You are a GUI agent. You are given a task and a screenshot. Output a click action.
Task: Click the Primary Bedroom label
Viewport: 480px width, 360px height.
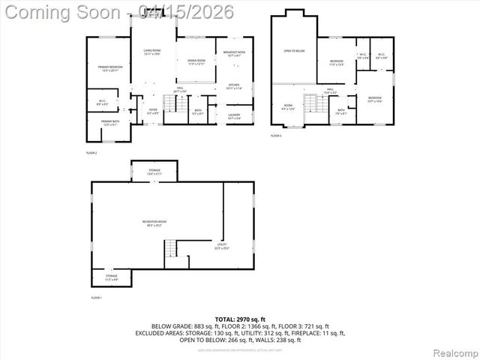click(x=110, y=68)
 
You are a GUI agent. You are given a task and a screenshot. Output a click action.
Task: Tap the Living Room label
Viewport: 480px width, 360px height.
click(x=153, y=52)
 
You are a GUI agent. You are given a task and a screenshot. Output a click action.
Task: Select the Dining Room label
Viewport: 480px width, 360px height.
click(x=196, y=61)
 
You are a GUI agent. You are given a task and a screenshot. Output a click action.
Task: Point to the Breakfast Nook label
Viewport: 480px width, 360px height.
click(x=233, y=52)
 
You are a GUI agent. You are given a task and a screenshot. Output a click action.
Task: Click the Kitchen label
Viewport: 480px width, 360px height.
click(x=233, y=86)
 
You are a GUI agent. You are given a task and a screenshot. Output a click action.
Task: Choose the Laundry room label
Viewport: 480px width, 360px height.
click(x=233, y=116)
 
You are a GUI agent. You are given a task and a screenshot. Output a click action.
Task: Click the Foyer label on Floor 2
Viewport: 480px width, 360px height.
click(x=152, y=111)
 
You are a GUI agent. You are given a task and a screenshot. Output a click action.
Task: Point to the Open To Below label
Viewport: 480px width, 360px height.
click(x=294, y=51)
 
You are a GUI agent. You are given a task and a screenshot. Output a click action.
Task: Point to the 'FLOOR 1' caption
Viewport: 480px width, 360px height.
click(x=96, y=298)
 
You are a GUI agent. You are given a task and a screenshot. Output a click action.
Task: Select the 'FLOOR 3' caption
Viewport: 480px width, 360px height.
click(x=276, y=136)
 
